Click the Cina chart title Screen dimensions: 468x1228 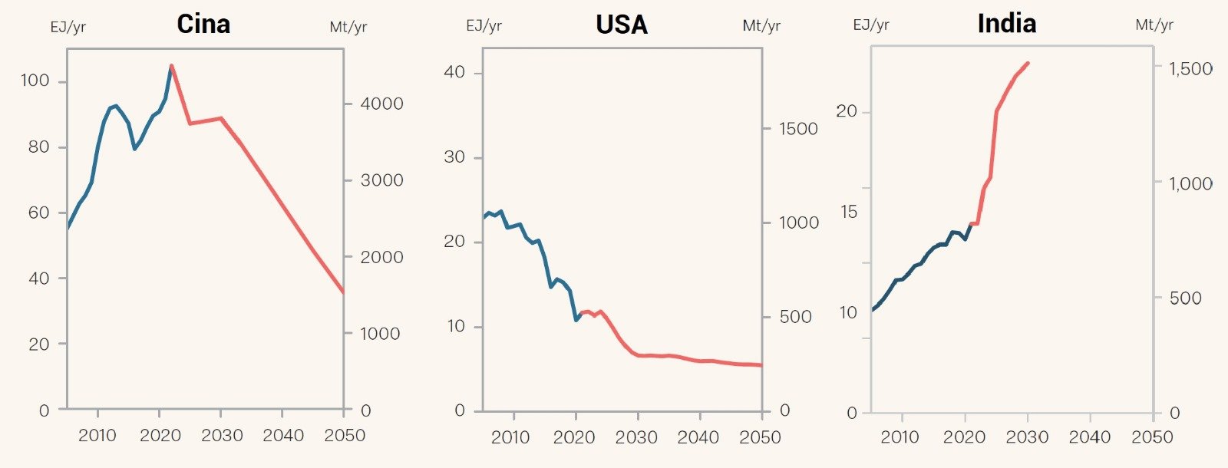pyautogui.click(x=203, y=24)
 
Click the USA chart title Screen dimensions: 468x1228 pyautogui.click(x=622, y=25)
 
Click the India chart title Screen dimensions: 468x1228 pyautogui.click(x=1006, y=24)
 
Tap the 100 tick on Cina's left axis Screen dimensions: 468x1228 pyautogui.click(x=35, y=81)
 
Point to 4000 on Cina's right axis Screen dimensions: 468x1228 pyautogui.click(x=381, y=104)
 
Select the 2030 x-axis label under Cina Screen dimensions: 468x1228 pyautogui.click(x=222, y=436)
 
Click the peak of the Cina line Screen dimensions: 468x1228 pyautogui.click(x=171, y=65)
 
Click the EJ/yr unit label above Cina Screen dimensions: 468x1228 pyautogui.click(x=68, y=28)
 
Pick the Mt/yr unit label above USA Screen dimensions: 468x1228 pyautogui.click(x=761, y=26)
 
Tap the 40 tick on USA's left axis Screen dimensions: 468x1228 pyautogui.click(x=454, y=72)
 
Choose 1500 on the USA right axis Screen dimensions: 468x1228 pyautogui.click(x=798, y=129)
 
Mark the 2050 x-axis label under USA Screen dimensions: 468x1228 pyautogui.click(x=760, y=437)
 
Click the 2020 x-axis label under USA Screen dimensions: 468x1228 pyautogui.click(x=573, y=437)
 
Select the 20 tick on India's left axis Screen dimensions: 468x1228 pyautogui.click(x=847, y=111)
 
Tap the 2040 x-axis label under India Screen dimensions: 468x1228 pyautogui.click(x=1090, y=437)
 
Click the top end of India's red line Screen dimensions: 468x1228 pyautogui.click(x=1028, y=63)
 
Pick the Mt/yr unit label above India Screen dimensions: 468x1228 pyautogui.click(x=1154, y=25)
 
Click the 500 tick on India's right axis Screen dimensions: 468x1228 pyautogui.click(x=1186, y=298)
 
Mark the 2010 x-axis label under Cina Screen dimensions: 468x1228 pyautogui.click(x=97, y=436)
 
